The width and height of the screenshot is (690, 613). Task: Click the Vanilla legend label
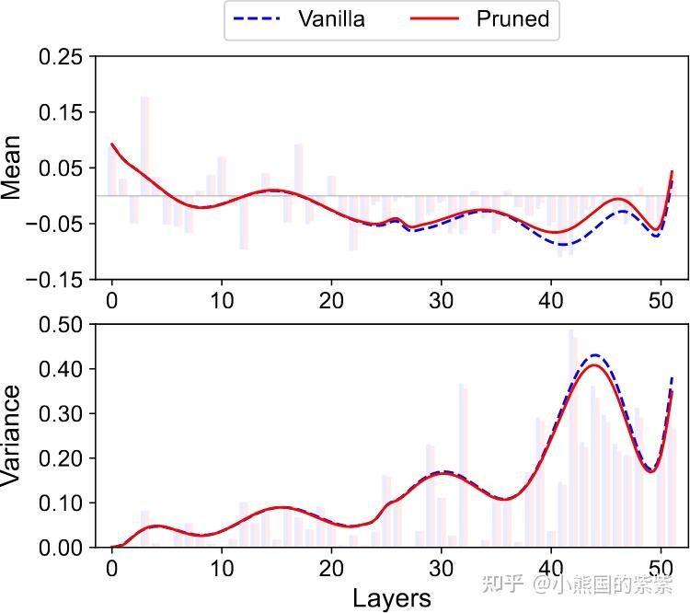coord(331,19)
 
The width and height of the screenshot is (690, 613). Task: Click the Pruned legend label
coord(512,19)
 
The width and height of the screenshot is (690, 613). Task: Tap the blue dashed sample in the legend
coord(261,19)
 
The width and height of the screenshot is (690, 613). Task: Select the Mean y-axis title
coord(12,168)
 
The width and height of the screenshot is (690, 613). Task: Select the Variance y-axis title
coord(12,435)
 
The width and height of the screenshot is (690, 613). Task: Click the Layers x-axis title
coord(391,598)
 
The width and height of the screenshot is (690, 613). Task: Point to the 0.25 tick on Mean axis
coord(63,57)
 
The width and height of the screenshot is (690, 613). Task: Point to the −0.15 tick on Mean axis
coord(57,279)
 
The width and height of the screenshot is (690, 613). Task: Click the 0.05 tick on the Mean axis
coord(63,168)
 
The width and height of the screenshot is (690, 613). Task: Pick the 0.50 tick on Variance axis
coord(63,324)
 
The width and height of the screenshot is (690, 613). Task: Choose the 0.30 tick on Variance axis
coord(63,413)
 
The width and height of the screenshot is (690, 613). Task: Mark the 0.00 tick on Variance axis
coord(63,548)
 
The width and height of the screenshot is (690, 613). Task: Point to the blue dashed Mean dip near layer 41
coord(563,244)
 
